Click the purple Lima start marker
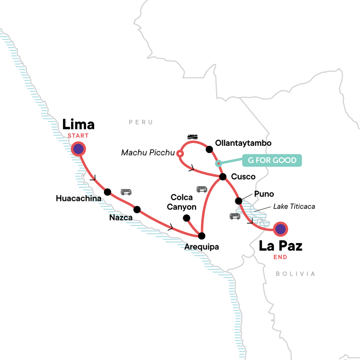tap(79, 149)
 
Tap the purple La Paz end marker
tap(280, 229)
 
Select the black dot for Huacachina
tap(108, 192)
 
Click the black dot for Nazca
tap(137, 209)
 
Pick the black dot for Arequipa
tap(202, 235)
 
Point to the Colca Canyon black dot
tap(185, 218)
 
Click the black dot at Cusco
tap(222, 177)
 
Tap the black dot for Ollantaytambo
tap(209, 149)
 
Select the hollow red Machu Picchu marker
tap(180, 154)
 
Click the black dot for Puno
tap(238, 200)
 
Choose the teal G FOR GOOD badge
tap(272, 161)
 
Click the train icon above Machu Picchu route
tap(193, 137)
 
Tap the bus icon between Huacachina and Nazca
tap(126, 192)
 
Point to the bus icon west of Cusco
tap(202, 189)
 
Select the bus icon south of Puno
tap(235, 216)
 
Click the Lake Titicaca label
tap(294, 207)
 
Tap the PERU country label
tap(140, 122)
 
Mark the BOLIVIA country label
tap(296, 274)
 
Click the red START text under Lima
tap(79, 135)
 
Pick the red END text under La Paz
tap(280, 257)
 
